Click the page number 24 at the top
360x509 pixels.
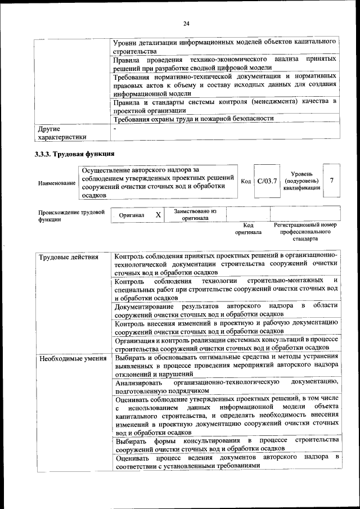coord(186,23)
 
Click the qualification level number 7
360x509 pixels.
coord(332,181)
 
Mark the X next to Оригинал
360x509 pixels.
coord(158,215)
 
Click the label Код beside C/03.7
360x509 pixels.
coord(246,181)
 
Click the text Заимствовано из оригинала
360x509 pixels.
coord(195,214)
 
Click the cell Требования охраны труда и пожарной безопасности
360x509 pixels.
coord(193,119)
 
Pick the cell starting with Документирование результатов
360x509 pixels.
coord(226,309)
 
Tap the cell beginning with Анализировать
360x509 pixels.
coord(226,386)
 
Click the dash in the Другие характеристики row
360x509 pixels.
coord(114,129)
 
